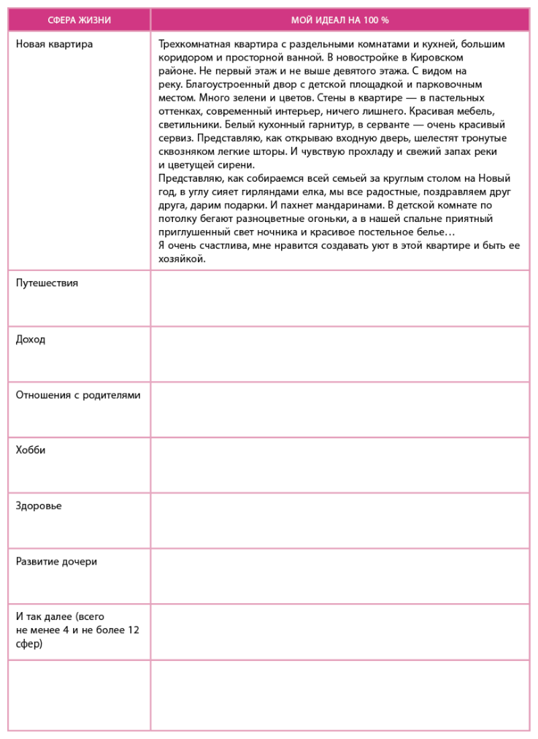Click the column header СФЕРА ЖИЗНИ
point(79,20)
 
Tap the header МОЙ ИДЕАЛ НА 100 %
point(339,20)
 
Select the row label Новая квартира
point(54,44)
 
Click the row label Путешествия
point(47,283)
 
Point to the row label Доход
point(31,340)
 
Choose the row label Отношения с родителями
point(78,395)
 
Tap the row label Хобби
point(31,451)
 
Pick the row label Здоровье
point(39,506)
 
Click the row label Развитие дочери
point(56,562)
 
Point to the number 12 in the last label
point(133,630)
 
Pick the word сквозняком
point(186,152)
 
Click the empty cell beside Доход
point(339,353)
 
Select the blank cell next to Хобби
point(339,464)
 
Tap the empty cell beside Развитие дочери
point(339,575)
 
